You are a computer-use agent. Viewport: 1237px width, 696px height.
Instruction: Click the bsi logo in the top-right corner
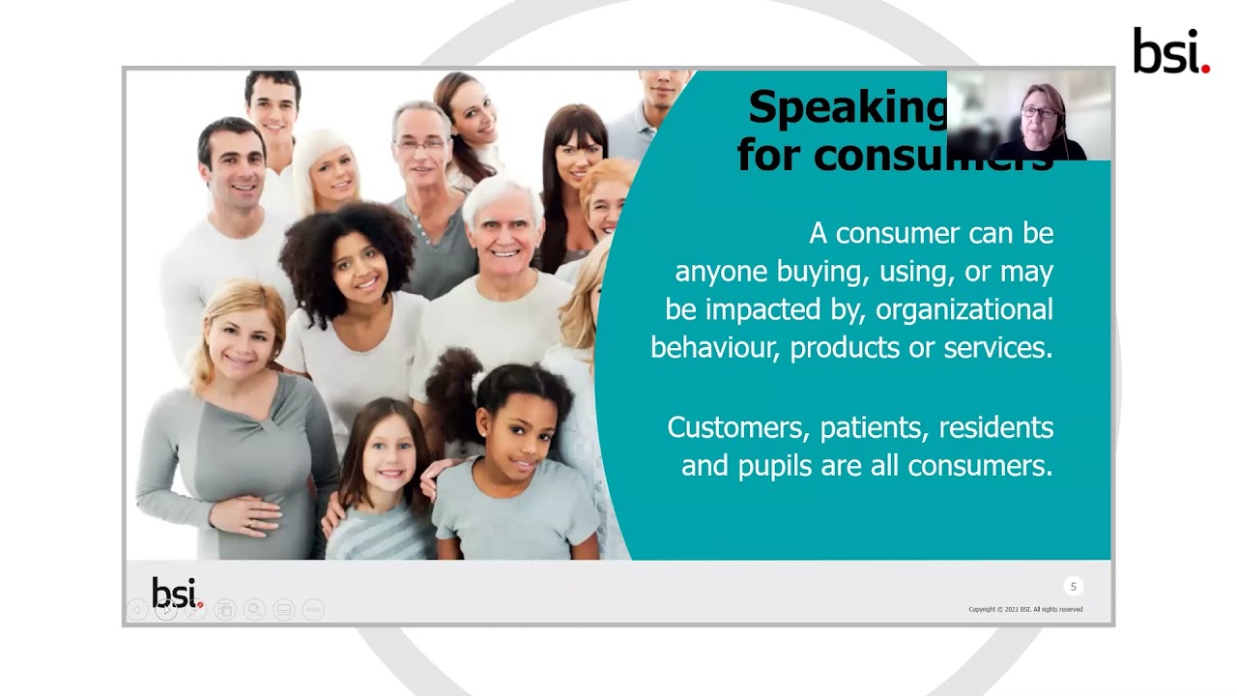point(1170,51)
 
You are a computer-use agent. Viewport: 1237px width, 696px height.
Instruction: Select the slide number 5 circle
point(1073,587)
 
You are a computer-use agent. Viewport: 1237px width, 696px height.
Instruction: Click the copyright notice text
point(1025,609)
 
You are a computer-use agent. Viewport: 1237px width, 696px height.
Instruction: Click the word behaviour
point(714,348)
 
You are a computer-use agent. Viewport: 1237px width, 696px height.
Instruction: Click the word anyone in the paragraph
point(721,272)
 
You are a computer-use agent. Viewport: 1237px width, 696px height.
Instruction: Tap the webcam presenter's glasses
point(1039,113)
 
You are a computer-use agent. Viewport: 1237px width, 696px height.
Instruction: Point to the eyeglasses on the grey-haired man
point(419,143)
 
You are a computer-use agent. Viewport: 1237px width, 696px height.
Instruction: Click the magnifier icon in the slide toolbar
point(254,609)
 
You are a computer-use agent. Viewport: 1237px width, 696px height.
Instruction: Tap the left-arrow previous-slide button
point(137,609)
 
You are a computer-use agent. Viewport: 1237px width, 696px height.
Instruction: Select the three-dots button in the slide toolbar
point(312,609)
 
